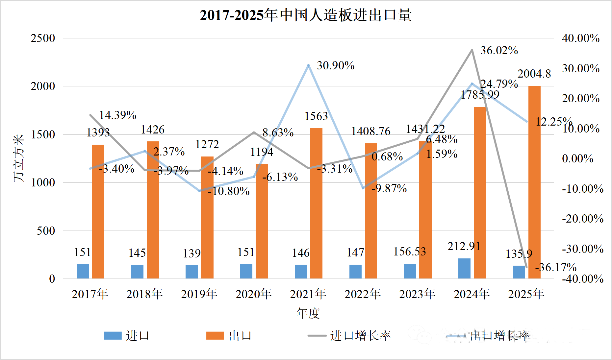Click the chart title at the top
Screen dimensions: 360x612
pos(306,15)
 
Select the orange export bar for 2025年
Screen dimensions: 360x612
pos(534,182)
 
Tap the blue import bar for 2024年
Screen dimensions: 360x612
pos(464,269)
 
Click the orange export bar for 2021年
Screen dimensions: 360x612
pos(316,204)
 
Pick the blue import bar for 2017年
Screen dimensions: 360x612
pos(83,272)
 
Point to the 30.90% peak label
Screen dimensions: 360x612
pos(336,66)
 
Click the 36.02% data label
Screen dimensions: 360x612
pos(499,51)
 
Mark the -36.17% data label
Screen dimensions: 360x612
pos(556,267)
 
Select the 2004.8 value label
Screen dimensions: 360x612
pos(534,74)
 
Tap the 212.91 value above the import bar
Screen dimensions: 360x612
pos(464,246)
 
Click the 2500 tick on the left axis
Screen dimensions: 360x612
pos(43,38)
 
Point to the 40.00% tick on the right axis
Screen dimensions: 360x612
pos(581,38)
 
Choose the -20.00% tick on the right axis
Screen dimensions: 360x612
pos(583,219)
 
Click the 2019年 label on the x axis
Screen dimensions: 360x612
pos(199,294)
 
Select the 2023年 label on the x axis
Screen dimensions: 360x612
pos(417,294)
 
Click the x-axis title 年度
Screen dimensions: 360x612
pos(308,313)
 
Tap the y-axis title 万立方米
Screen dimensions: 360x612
pos(19,158)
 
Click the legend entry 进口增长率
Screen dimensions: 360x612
pos(360,336)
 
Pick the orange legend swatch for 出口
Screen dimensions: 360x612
pos(215,336)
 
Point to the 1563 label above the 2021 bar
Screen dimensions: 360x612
pos(316,116)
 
